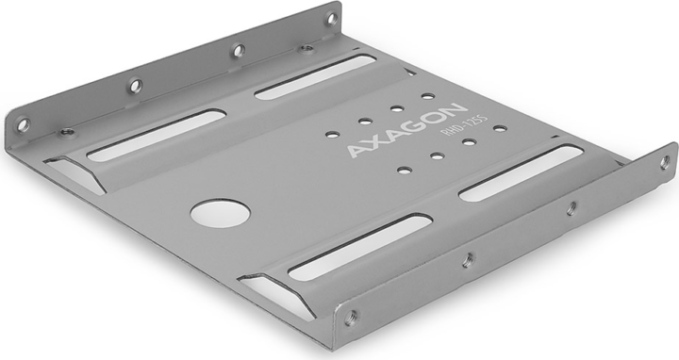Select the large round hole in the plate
click(220, 212)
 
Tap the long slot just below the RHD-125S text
click(521, 174)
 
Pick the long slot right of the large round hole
click(358, 247)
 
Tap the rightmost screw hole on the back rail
click(332, 18)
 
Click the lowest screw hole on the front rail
click(354, 319)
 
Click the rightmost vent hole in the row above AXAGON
click(429, 96)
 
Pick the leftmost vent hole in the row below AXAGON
click(404, 171)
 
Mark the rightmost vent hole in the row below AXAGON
click(500, 128)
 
